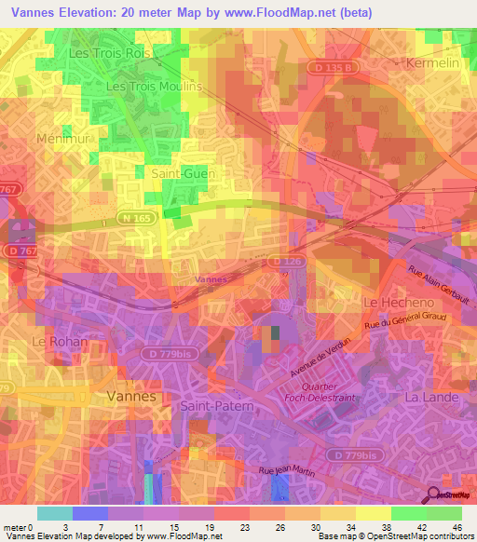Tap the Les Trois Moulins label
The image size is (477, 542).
(155, 86)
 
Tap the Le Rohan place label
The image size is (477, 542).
(60, 342)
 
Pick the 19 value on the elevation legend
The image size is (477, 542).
(211, 528)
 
